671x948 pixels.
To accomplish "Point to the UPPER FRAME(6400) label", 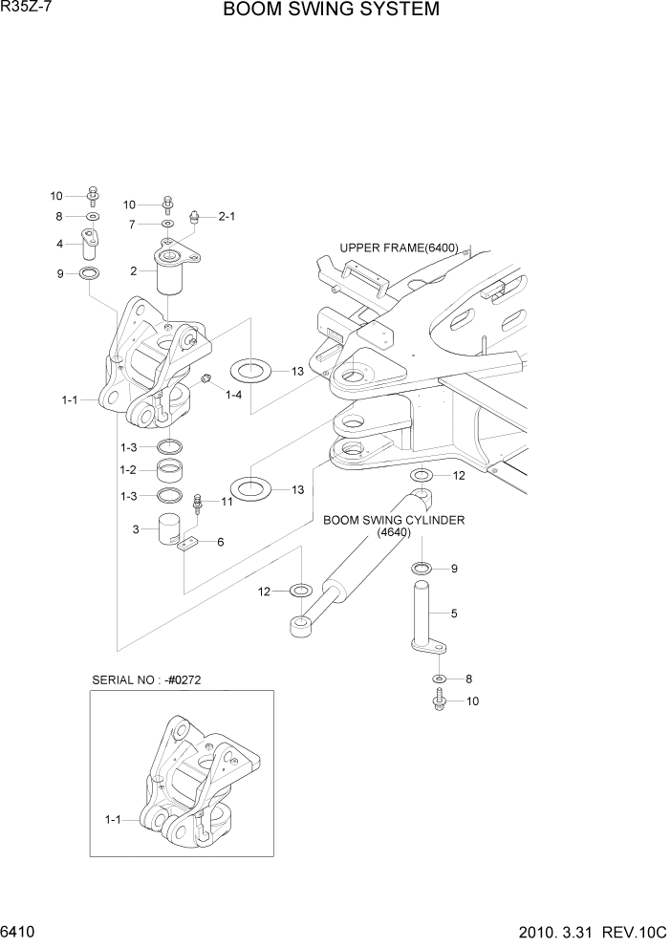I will click(x=399, y=248).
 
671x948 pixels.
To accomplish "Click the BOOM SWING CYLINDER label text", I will click(x=393, y=521).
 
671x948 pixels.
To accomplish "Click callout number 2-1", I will click(x=227, y=216).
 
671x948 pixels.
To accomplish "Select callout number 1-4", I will click(x=233, y=394).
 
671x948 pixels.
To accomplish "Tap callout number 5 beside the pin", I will click(x=454, y=614).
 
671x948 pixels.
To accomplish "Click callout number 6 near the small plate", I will click(x=221, y=542).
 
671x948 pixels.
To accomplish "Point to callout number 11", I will click(x=227, y=502).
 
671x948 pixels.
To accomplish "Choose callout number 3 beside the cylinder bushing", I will click(x=136, y=528).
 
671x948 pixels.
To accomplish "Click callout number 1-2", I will click(x=128, y=470).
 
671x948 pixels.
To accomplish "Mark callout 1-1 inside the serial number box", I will click(x=114, y=819).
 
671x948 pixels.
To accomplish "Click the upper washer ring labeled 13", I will click(x=251, y=370).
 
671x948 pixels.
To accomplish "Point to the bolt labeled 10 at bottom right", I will click(x=440, y=701).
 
